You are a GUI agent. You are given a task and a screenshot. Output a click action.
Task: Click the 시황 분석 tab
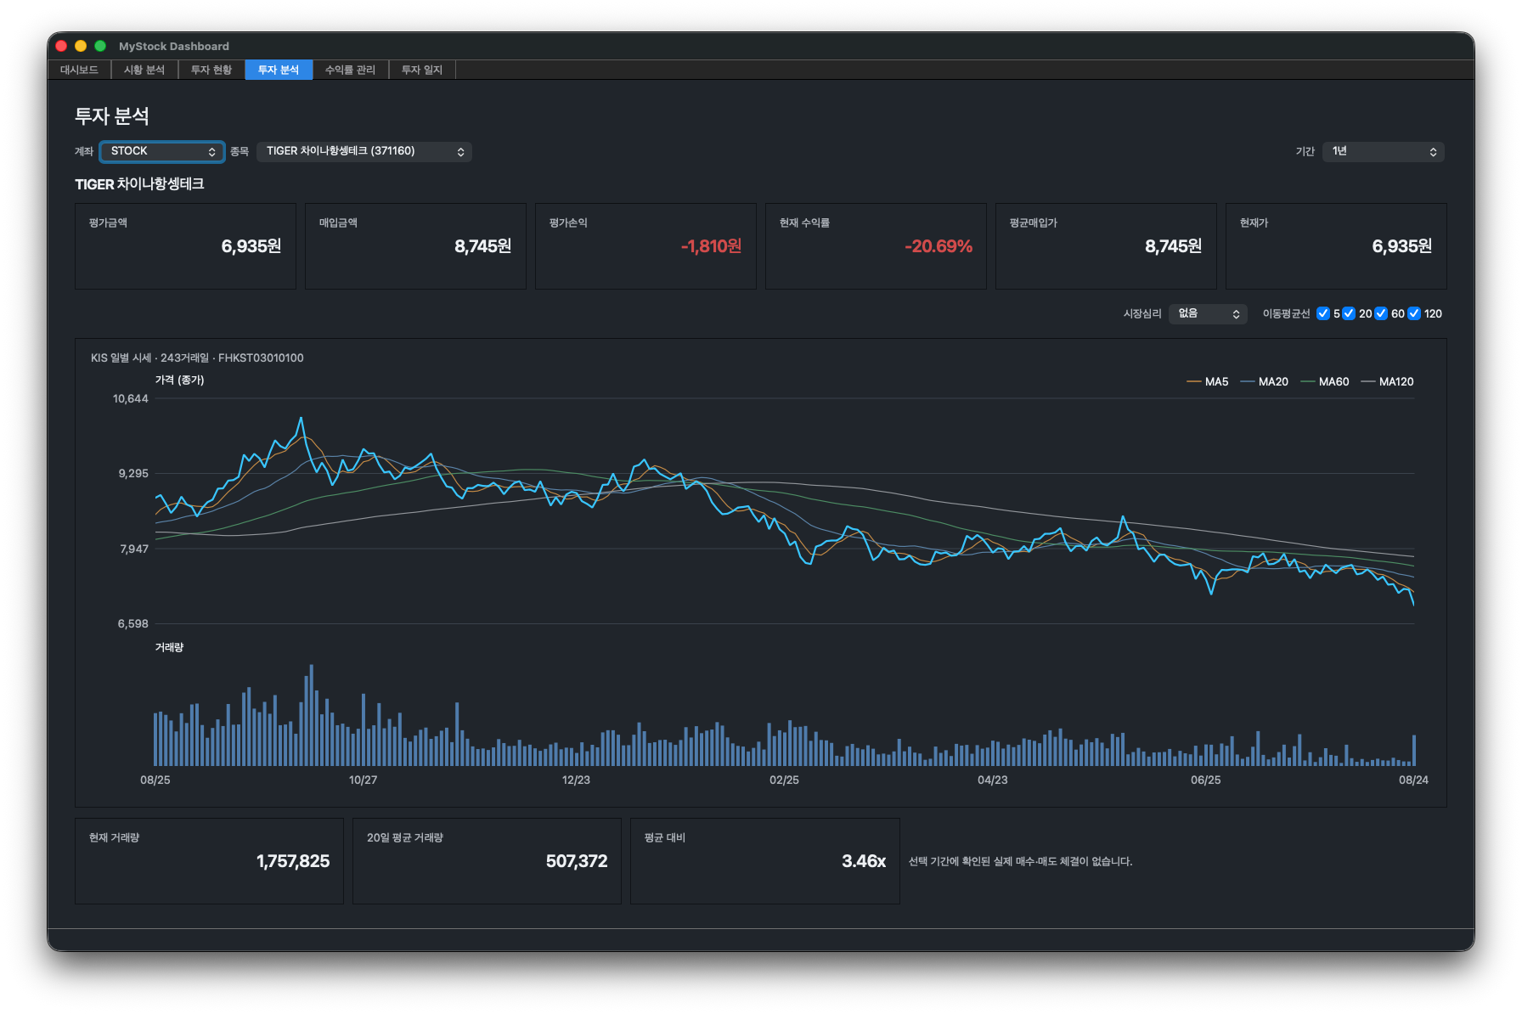(144, 70)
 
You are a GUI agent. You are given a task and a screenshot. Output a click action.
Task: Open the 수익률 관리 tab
(350, 70)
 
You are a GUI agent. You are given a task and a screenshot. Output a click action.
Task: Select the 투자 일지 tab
(422, 70)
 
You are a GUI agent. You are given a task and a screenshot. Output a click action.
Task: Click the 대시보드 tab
(79, 70)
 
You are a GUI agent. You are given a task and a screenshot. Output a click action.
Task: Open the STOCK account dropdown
(161, 151)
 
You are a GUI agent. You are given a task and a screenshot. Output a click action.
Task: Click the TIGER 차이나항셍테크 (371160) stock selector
(364, 151)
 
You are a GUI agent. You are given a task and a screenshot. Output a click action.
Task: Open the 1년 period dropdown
(1384, 151)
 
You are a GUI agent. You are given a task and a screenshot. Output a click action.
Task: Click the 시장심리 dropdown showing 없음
(1208, 314)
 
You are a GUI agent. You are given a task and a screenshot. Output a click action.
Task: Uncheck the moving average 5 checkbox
(1323, 313)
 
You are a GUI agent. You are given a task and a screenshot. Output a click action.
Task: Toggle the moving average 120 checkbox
(1414, 313)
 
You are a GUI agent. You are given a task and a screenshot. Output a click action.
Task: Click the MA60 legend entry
(1325, 382)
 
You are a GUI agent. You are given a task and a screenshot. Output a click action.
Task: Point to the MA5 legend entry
(1208, 382)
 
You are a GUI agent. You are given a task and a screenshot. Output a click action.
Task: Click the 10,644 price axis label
(131, 399)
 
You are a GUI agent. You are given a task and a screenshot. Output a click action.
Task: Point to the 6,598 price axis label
(132, 624)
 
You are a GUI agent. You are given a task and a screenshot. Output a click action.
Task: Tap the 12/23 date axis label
(576, 780)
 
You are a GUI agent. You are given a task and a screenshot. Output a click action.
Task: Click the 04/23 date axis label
(993, 780)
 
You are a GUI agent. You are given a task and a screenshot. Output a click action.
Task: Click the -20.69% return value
(939, 246)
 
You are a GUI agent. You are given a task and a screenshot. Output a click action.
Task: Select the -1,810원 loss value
(711, 246)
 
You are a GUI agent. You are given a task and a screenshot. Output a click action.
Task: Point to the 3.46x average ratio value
(864, 861)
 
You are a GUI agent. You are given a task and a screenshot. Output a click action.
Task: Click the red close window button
(61, 46)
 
